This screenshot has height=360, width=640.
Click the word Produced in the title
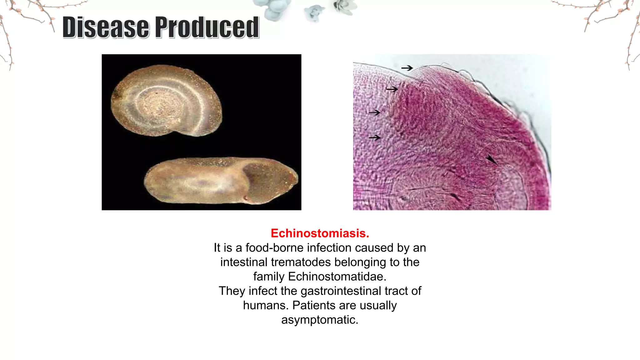pos(207,27)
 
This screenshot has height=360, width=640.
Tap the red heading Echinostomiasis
pos(320,233)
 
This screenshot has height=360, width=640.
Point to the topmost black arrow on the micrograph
pos(407,68)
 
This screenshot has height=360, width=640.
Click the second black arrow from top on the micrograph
pos(392,89)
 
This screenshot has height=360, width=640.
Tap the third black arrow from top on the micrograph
pos(374,112)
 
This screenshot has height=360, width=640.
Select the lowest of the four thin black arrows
pos(374,137)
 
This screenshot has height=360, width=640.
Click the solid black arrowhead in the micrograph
pos(491,160)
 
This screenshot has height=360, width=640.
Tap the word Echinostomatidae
pos(337,277)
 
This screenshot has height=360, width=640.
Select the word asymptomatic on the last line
pos(320,320)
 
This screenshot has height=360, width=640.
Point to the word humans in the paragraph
pos(266,305)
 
